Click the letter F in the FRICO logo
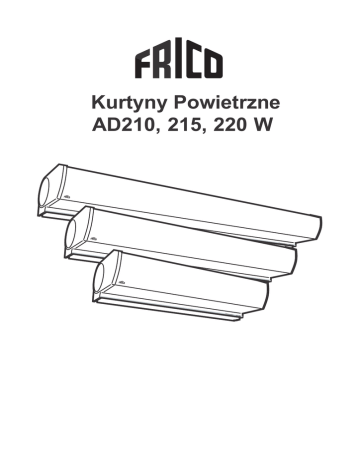144,63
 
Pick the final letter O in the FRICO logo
213,63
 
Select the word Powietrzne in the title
227,102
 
